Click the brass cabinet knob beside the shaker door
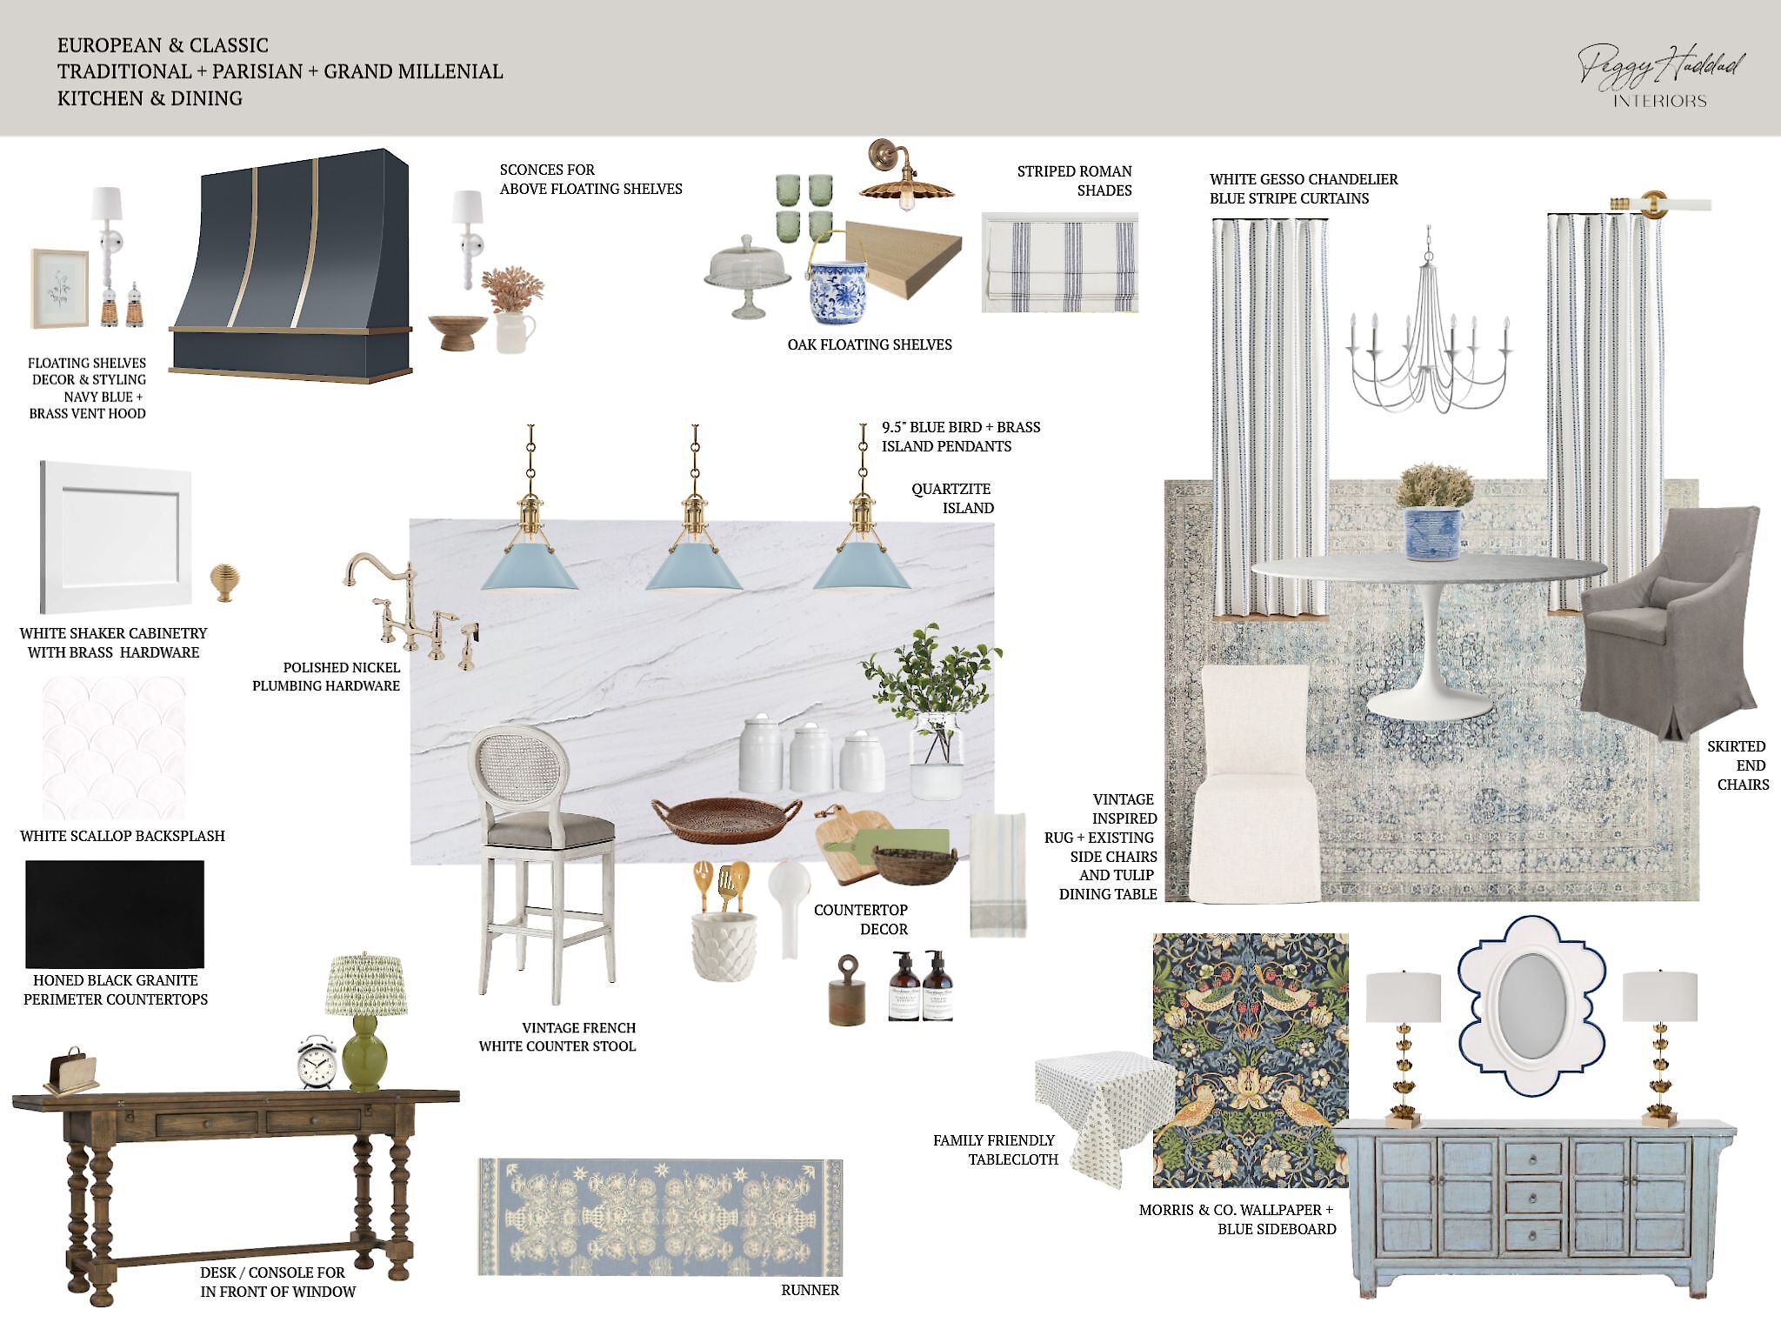[223, 581]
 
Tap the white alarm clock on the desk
[314, 1063]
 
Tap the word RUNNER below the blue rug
[810, 1290]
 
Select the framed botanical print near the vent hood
[60, 289]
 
